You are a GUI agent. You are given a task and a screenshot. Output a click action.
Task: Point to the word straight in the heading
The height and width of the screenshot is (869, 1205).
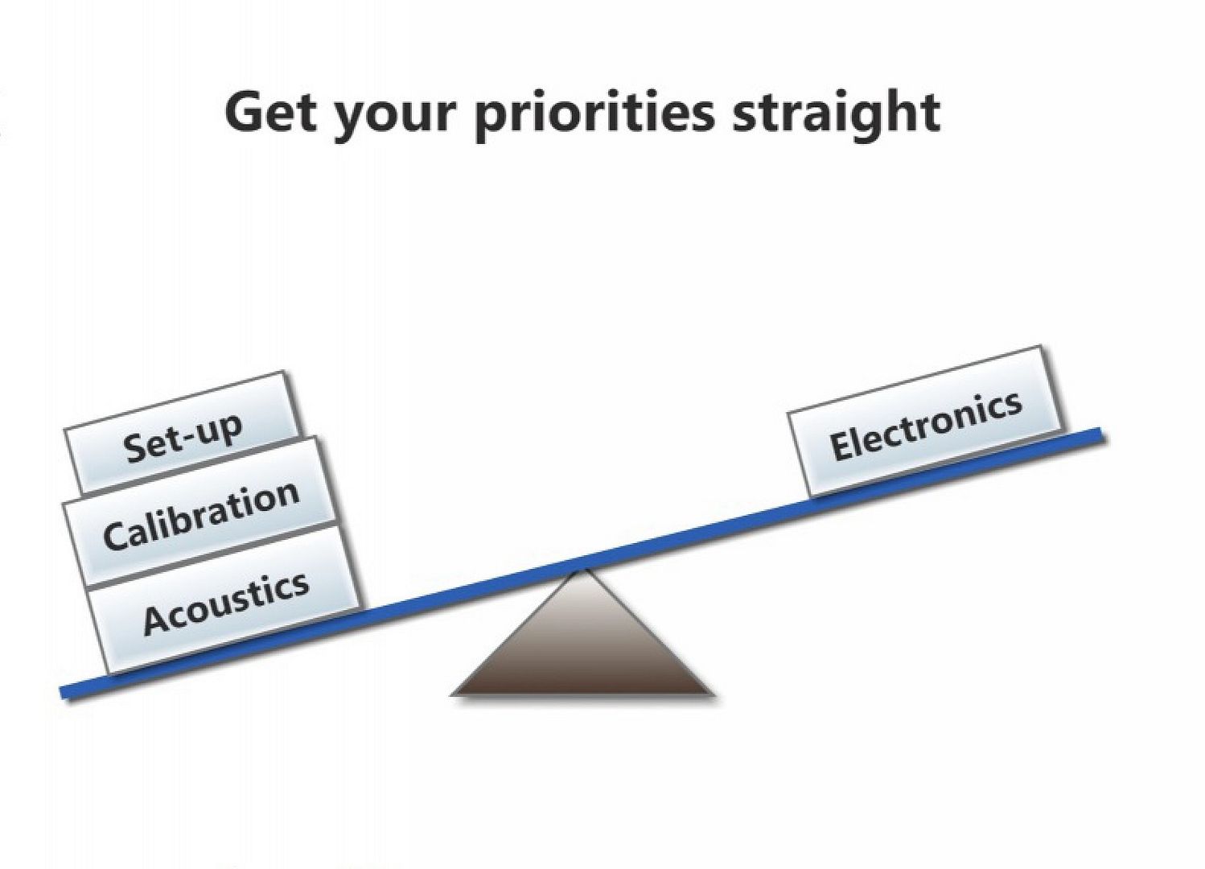click(837, 114)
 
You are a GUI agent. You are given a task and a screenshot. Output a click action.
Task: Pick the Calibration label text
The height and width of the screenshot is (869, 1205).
click(201, 516)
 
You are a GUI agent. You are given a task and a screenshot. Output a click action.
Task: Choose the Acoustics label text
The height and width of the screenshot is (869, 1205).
click(227, 603)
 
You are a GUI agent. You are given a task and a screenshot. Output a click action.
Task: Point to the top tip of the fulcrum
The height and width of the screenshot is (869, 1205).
click(581, 570)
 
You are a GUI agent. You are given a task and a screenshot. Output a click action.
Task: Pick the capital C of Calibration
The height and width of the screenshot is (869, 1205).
click(115, 536)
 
